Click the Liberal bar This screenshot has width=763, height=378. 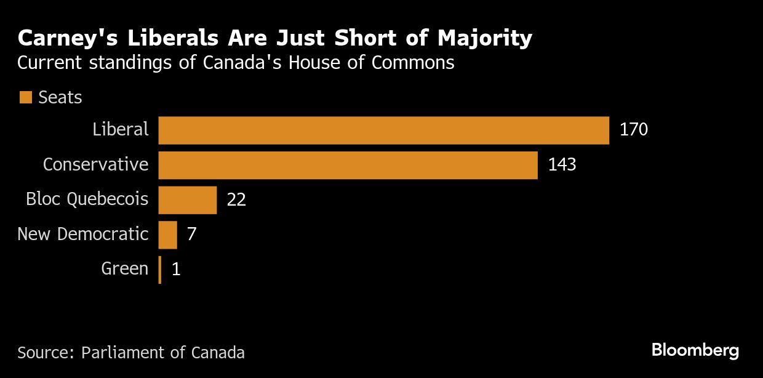click(383, 130)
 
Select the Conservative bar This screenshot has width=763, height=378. click(348, 165)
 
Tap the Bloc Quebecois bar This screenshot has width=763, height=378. click(188, 200)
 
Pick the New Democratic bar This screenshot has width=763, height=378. click(167, 235)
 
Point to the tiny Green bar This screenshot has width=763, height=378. click(160, 270)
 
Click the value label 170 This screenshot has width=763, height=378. click(634, 130)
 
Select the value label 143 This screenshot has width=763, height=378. click(562, 165)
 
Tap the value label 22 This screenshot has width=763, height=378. click(236, 200)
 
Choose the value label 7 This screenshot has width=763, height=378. click(192, 235)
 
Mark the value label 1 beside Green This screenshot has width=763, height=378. click(176, 270)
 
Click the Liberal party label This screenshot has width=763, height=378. click(121, 129)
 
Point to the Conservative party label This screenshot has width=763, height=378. click(95, 164)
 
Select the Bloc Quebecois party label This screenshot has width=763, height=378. click(87, 199)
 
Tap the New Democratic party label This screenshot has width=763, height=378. click(82, 235)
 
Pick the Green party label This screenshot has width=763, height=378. click(125, 269)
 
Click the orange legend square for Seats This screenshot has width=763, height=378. click(25, 97)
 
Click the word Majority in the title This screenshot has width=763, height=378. click(484, 39)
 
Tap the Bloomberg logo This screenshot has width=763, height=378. click(695, 351)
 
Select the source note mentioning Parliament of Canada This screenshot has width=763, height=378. click(131, 353)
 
